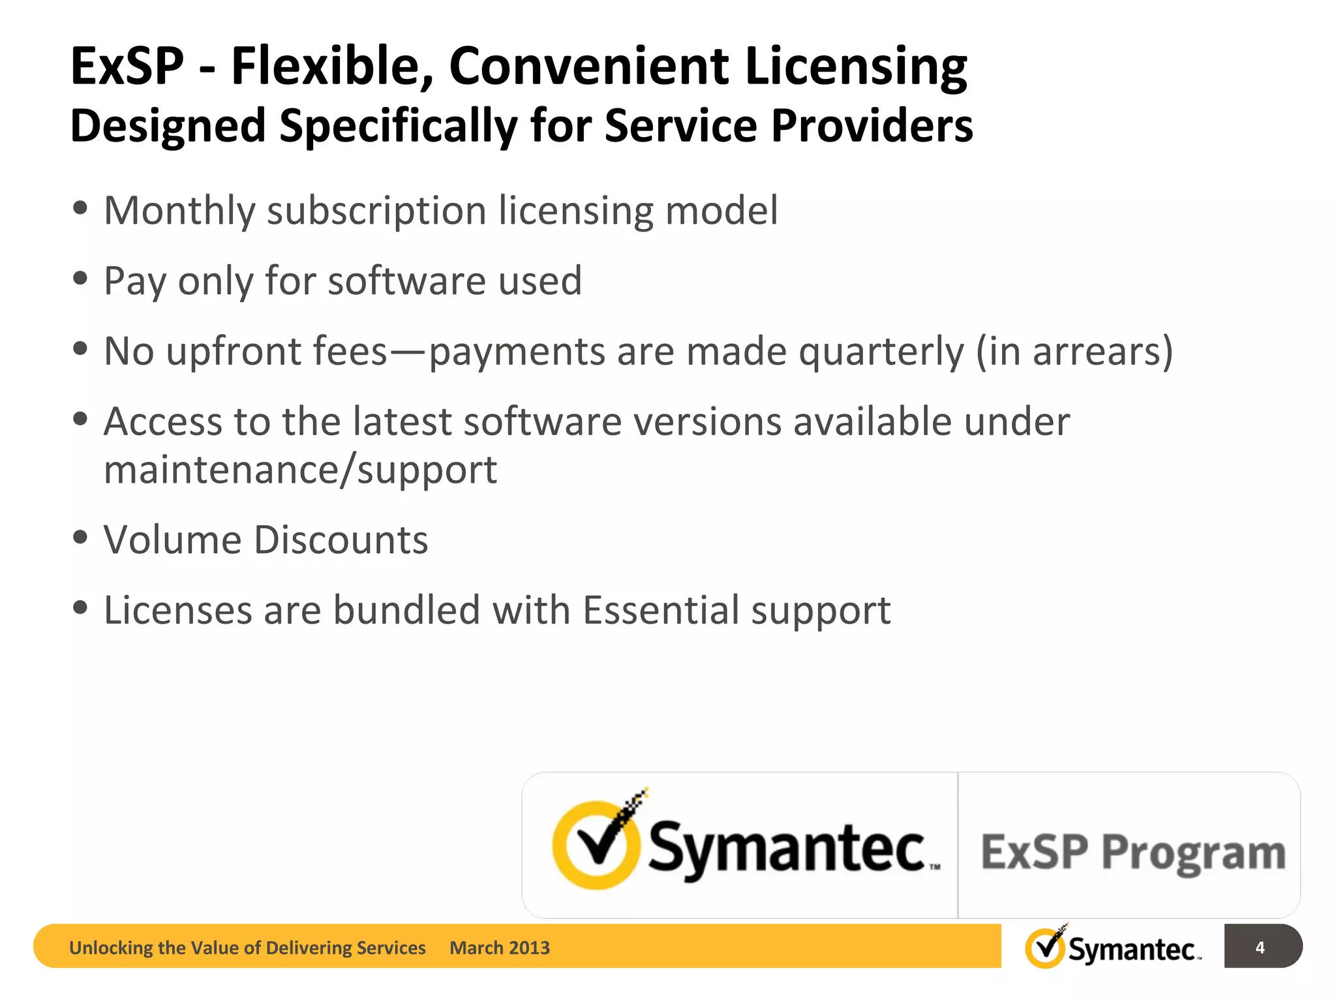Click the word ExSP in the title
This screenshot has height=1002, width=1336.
pyautogui.click(x=127, y=67)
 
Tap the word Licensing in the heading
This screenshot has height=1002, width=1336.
pyautogui.click(x=855, y=68)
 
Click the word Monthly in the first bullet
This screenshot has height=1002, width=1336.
pyautogui.click(x=179, y=211)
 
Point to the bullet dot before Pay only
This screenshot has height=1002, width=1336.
pyautogui.click(x=80, y=279)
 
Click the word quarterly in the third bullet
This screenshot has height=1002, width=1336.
pyautogui.click(x=881, y=352)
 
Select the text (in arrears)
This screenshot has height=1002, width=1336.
pyautogui.click(x=1074, y=352)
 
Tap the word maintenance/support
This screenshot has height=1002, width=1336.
pyautogui.click(x=300, y=470)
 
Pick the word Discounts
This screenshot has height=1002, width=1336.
pyautogui.click(x=341, y=540)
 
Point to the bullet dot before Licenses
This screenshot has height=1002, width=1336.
pyautogui.click(x=80, y=609)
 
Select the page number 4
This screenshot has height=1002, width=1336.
pyautogui.click(x=1260, y=947)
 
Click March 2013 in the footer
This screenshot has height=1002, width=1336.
pyautogui.click(x=500, y=948)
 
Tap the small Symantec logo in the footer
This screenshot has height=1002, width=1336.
pyautogui.click(x=1112, y=947)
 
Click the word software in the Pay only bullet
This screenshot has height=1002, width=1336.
pyautogui.click(x=406, y=281)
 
